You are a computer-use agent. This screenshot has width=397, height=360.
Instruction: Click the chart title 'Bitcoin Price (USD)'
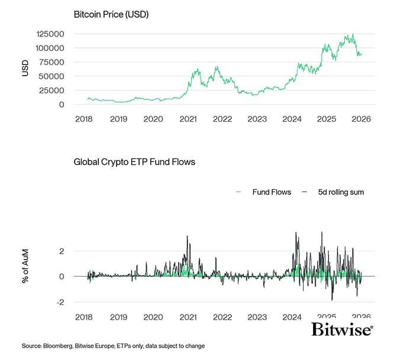click(x=111, y=14)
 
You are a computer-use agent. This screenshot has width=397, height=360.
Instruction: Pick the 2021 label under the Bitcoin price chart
click(x=188, y=119)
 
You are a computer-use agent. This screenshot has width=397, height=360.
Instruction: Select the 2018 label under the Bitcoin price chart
click(x=84, y=119)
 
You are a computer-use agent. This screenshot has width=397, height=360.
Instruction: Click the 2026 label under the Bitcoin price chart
click(x=360, y=119)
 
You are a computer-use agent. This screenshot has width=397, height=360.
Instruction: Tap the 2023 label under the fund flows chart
click(x=257, y=316)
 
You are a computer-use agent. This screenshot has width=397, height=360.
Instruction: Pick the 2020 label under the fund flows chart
click(x=153, y=316)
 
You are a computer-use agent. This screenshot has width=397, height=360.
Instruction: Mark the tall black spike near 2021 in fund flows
click(x=187, y=238)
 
